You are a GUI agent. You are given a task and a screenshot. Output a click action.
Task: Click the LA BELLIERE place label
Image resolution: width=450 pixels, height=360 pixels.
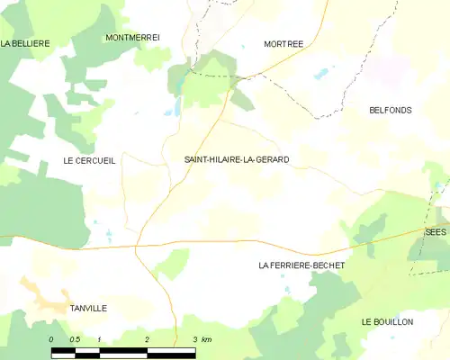click(24, 42)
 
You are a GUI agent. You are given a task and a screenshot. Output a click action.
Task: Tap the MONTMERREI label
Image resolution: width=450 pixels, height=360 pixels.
click(132, 37)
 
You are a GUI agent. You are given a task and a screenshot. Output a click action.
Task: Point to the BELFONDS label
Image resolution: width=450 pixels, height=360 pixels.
click(391, 110)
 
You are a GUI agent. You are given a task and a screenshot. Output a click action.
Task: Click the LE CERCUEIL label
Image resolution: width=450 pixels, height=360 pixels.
click(90, 159)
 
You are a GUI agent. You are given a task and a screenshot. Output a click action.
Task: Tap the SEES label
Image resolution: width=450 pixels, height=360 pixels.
click(436, 231)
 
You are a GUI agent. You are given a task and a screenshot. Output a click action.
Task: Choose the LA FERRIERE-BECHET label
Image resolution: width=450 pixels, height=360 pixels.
click(301, 265)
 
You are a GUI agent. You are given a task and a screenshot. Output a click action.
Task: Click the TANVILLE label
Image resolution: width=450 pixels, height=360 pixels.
click(88, 308)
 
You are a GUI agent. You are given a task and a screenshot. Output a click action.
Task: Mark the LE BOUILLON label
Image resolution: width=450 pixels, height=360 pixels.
click(387, 321)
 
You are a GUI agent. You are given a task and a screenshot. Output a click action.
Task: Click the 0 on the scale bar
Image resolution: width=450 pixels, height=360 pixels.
click(51, 339)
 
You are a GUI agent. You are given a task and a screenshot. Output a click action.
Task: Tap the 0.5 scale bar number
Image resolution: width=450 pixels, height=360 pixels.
click(75, 339)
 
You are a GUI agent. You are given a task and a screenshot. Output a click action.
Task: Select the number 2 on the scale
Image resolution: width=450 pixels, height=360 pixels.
click(147, 339)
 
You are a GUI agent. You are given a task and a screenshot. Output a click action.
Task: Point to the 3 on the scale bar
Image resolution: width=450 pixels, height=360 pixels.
click(194, 339)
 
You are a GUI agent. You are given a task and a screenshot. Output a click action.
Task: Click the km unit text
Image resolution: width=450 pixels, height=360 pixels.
click(207, 339)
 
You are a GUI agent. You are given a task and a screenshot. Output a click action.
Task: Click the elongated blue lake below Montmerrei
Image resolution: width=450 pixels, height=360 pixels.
click(178, 105)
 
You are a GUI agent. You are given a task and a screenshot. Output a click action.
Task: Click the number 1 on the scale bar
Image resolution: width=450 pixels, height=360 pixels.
click(99, 339)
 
